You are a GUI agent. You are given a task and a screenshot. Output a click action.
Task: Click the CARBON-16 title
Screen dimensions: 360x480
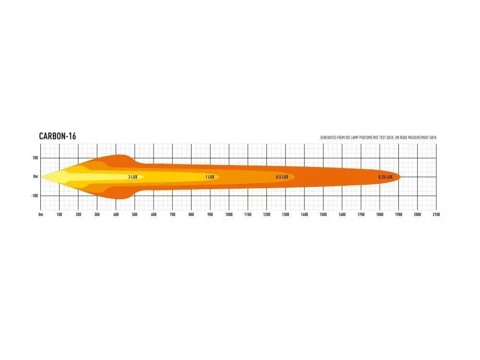[57, 137]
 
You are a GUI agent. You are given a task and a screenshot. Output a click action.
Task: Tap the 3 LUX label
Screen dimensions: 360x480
[132, 177]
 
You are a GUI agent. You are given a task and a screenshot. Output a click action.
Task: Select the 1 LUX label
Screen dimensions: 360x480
[210, 177]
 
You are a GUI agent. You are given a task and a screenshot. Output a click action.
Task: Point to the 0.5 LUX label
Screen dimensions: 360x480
[282, 177]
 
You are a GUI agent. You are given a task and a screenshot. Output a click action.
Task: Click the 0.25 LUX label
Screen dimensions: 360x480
[385, 177]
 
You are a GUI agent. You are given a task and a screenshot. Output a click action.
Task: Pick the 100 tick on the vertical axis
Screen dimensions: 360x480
[35, 158]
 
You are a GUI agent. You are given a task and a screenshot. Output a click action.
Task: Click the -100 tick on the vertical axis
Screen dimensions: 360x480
[35, 196]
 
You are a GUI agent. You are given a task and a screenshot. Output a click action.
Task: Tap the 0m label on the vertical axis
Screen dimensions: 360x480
[36, 177]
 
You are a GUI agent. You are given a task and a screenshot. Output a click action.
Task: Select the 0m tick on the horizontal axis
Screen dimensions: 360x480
[41, 215]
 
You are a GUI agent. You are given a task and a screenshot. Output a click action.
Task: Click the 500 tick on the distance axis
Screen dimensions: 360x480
[135, 215]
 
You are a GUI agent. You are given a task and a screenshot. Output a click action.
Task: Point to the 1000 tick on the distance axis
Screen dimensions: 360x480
[229, 215]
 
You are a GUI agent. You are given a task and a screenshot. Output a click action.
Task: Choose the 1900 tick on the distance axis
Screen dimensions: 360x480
[398, 215]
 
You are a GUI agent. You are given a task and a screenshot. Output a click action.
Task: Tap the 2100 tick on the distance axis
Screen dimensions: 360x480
[436, 215]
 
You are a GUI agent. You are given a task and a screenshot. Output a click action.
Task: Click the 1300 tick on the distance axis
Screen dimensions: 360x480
[286, 215]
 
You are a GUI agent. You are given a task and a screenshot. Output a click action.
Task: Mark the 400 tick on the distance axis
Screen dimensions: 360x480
[116, 215]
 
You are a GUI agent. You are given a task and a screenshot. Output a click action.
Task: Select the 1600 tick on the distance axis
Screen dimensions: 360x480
[342, 215]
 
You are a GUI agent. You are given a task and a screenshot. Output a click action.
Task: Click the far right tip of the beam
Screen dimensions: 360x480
[400, 177]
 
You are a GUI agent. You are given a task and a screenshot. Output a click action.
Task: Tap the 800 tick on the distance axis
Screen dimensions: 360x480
[192, 215]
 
